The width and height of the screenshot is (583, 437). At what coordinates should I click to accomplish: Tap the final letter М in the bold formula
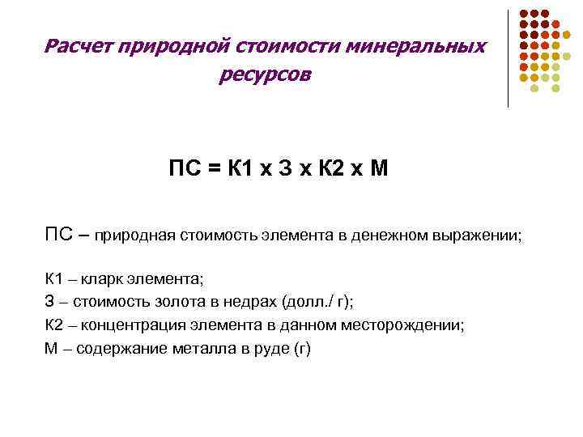(x=379, y=170)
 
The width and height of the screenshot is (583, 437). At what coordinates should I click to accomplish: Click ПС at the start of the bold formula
(x=184, y=170)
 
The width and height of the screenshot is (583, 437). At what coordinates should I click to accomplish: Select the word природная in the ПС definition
(x=134, y=237)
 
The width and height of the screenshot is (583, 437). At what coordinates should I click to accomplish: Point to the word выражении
(x=479, y=237)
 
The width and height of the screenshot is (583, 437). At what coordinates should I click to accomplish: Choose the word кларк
(x=103, y=280)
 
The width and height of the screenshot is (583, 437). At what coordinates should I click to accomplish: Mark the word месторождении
(x=411, y=325)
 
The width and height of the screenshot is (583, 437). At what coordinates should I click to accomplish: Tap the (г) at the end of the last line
(x=301, y=349)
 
